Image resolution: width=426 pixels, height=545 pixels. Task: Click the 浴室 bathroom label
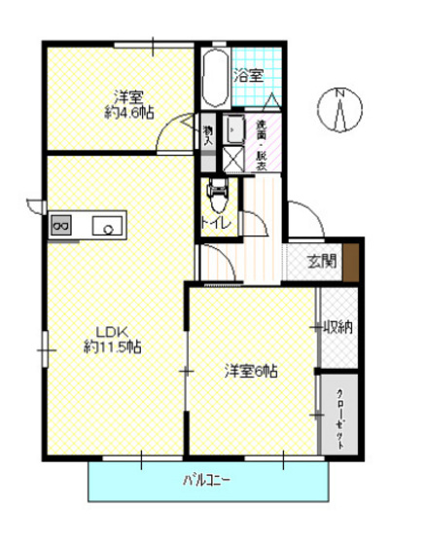(248, 75)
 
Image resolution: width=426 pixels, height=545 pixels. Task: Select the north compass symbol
(340, 108)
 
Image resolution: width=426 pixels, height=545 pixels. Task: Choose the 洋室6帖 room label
(252, 371)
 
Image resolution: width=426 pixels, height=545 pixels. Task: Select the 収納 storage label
(337, 327)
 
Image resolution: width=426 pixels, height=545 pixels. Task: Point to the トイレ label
(215, 223)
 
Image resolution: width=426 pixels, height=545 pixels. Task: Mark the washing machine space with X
(234, 159)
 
